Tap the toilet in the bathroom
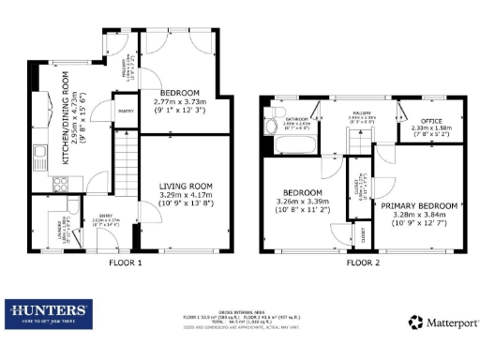tap(269, 119)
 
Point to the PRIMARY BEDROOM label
tap(419, 205)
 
